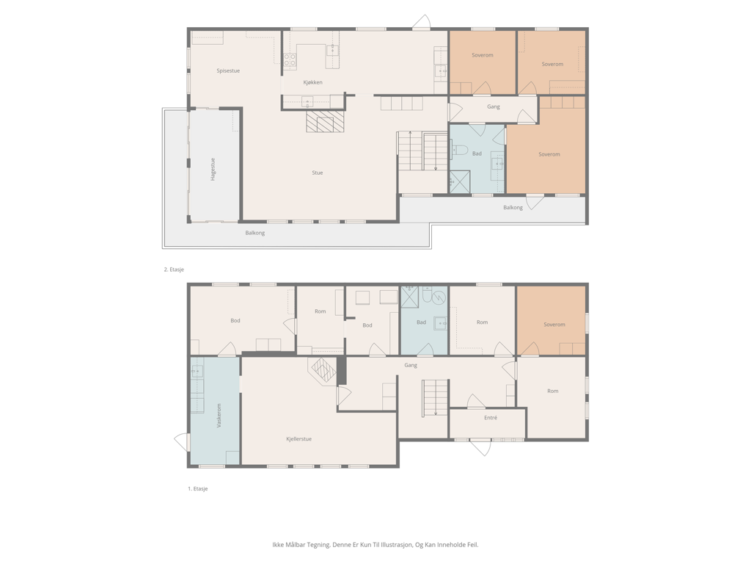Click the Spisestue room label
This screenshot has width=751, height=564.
tap(228, 71)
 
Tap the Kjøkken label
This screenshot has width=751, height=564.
tap(312, 82)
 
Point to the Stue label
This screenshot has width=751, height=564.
tap(318, 173)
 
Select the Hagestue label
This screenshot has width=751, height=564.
tap(213, 170)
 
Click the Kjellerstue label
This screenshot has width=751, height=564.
tap(299, 439)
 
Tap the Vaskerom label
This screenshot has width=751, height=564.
tap(219, 416)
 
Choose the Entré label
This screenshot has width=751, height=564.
tap(491, 418)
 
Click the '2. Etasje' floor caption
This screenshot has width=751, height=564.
tap(174, 270)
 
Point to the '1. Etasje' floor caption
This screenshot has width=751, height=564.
tap(198, 488)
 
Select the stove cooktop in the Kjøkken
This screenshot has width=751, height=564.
tap(289, 59)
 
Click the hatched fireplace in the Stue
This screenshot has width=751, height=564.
tap(326, 122)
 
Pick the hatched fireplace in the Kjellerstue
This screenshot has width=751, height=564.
tap(323, 371)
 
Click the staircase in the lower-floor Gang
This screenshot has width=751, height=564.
tap(436, 397)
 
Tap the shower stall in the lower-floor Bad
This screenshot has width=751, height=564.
tap(410, 297)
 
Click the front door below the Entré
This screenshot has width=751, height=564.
tap(480, 447)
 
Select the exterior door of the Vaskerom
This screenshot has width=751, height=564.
tap(182, 442)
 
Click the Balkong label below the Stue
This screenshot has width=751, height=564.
tap(254, 233)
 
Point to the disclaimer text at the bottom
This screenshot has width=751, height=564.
tap(375, 545)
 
